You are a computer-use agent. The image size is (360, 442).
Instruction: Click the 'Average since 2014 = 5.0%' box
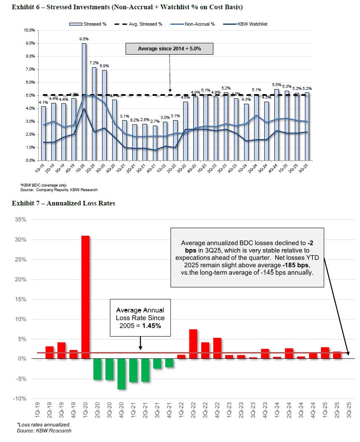coord(169,49)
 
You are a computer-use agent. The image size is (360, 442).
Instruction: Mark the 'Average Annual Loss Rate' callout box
coord(140,318)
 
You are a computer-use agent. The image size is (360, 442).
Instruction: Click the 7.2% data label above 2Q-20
coord(94,63)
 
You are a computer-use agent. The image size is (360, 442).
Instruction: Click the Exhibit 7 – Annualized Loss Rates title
coord(63,203)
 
